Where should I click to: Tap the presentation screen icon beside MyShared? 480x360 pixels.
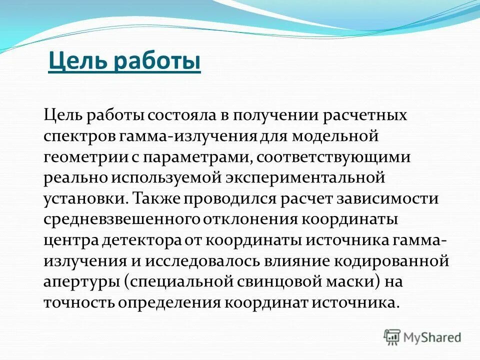click(x=392, y=336)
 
